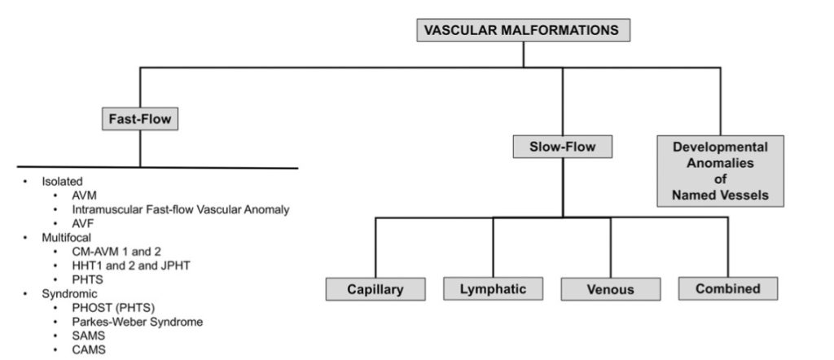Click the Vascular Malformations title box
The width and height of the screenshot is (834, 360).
523,30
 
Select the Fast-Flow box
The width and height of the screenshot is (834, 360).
140,119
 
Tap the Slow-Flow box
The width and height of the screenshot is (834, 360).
562,147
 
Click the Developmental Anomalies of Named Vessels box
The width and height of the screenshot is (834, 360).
720,171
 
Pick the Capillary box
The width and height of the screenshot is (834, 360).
375,289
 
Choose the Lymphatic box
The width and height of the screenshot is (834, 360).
493,289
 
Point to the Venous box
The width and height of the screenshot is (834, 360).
611,289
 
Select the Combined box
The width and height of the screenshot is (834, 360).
728,289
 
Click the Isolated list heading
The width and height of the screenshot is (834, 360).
62,182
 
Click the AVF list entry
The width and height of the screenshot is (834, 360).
82,223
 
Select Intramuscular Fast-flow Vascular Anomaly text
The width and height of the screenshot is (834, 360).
181,209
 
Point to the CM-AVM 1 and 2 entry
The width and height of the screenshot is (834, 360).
116,252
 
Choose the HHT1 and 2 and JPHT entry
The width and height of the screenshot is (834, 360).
131,266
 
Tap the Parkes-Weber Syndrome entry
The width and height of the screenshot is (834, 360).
137,322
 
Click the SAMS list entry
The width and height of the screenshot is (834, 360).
89,336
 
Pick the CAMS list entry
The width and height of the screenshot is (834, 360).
89,350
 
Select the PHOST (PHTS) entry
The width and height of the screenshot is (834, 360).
113,308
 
